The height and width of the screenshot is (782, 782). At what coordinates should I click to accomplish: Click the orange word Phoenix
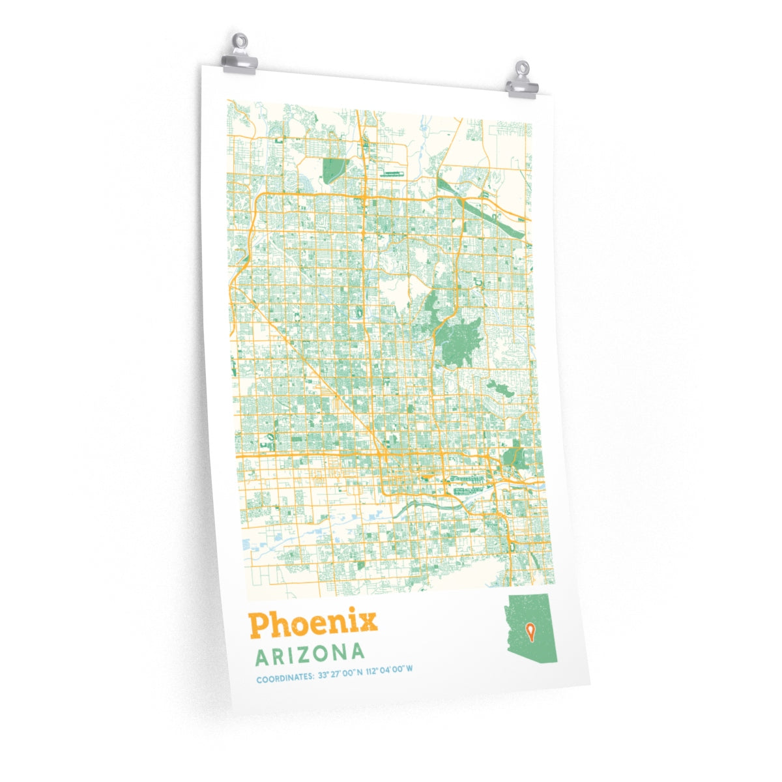(x=313, y=624)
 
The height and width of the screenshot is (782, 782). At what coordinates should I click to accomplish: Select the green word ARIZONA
(x=310, y=654)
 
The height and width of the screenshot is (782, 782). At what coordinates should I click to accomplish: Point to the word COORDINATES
(x=284, y=679)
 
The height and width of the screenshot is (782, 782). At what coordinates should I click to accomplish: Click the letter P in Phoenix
(x=259, y=626)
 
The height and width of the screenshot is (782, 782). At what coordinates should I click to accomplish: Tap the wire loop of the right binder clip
(x=523, y=68)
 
